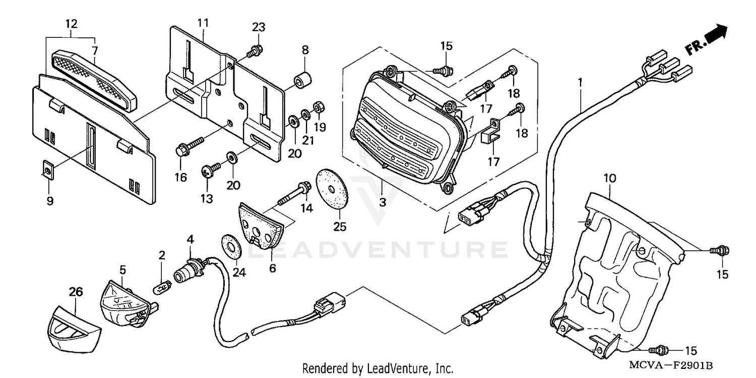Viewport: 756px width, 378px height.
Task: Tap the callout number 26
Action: point(76,292)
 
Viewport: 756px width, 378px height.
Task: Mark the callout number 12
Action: point(71,23)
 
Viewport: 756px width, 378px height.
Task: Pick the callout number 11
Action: point(203,23)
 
